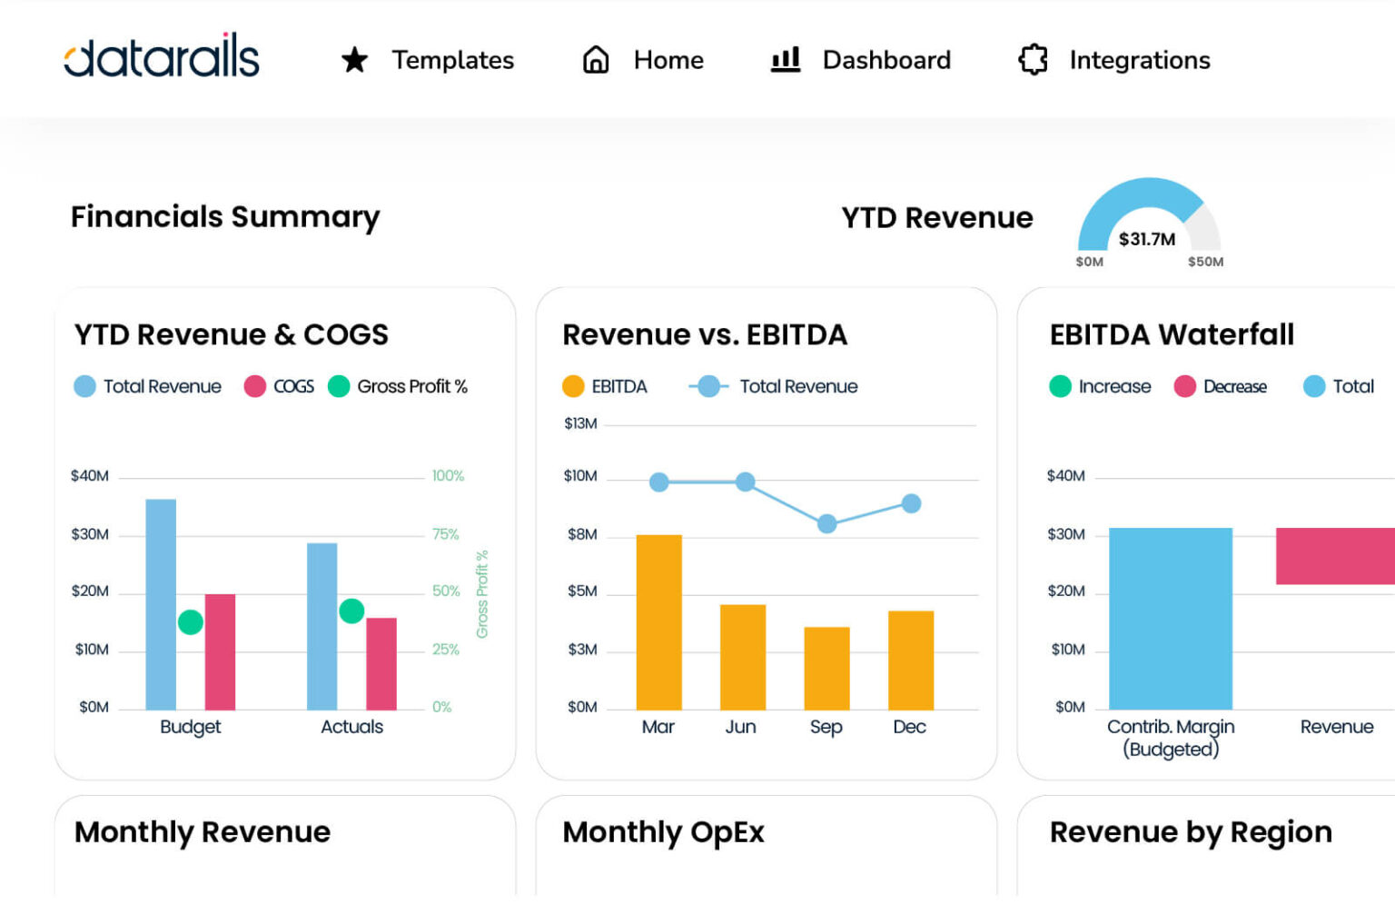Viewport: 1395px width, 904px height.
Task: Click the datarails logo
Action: [x=162, y=57]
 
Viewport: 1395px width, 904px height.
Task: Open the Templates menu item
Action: [x=451, y=60]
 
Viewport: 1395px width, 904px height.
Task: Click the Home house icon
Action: [x=596, y=60]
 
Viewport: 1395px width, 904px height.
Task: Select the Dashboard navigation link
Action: [x=885, y=60]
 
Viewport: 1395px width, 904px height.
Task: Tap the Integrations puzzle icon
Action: [x=1033, y=60]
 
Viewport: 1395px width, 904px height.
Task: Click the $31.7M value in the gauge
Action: [x=1146, y=239]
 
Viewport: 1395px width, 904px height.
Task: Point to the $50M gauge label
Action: [x=1205, y=262]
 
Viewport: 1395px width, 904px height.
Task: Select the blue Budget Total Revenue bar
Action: [x=161, y=604]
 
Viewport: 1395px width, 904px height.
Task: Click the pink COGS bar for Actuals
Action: [x=381, y=663]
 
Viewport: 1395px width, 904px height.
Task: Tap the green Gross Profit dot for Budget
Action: [x=191, y=622]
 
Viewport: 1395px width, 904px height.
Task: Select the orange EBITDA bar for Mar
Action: [x=658, y=622]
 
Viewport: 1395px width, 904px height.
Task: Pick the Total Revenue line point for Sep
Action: [x=826, y=523]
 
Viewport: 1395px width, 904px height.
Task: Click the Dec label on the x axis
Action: [x=909, y=727]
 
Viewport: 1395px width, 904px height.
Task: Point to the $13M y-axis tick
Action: [x=580, y=423]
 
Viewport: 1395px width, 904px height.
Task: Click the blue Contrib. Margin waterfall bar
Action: [x=1170, y=618]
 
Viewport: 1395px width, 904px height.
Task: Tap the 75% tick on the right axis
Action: [x=445, y=534]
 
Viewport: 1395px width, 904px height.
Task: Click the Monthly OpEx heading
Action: [x=663, y=832]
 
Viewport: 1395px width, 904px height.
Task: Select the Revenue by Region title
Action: [x=1190, y=832]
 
